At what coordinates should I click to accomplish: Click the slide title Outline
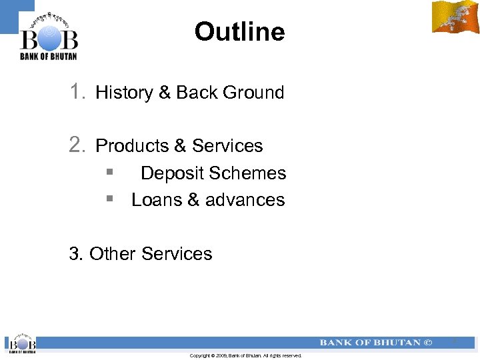[x=239, y=31]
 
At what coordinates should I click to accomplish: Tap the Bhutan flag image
[x=455, y=17]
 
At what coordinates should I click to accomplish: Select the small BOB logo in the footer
[x=21, y=343]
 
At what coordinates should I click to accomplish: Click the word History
[x=125, y=93]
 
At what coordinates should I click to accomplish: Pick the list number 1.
[x=77, y=92]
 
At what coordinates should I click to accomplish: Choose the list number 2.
[x=77, y=145]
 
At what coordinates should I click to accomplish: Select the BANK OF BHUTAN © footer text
[x=376, y=343]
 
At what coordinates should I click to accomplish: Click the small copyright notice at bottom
[x=245, y=356]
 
